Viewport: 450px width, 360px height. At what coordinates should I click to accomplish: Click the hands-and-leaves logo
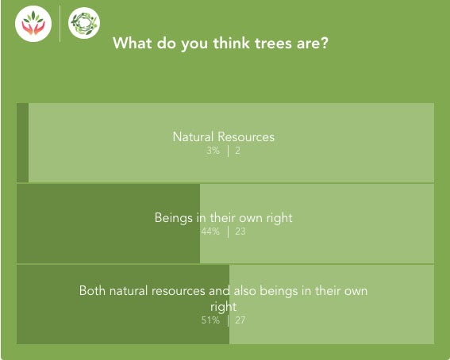33,24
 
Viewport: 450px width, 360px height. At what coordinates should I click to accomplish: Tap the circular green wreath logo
84,23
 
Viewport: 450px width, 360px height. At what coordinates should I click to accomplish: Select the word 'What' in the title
133,43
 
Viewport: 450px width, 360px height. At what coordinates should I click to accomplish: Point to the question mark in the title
325,43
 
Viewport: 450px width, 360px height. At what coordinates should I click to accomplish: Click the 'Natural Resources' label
224,136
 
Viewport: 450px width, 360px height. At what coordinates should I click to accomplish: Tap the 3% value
213,151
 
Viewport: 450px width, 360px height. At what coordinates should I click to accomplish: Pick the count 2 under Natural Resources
237,151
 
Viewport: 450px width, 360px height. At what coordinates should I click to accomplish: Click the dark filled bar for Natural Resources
23,143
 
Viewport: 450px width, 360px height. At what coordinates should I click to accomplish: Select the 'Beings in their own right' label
224,218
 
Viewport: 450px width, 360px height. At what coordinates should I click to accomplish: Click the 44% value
210,232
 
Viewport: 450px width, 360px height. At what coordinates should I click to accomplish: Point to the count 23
240,232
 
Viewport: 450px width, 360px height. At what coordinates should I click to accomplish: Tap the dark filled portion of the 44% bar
108,224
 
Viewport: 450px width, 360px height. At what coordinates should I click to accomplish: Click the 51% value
210,320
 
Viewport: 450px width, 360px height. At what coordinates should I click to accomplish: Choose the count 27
240,320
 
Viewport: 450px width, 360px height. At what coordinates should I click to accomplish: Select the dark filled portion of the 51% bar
123,304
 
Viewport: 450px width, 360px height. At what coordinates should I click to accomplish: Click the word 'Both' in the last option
92,291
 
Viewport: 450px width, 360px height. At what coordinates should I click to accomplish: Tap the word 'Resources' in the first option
246,136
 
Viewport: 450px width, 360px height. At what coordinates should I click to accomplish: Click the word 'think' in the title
231,43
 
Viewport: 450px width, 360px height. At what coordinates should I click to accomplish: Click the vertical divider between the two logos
60,24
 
